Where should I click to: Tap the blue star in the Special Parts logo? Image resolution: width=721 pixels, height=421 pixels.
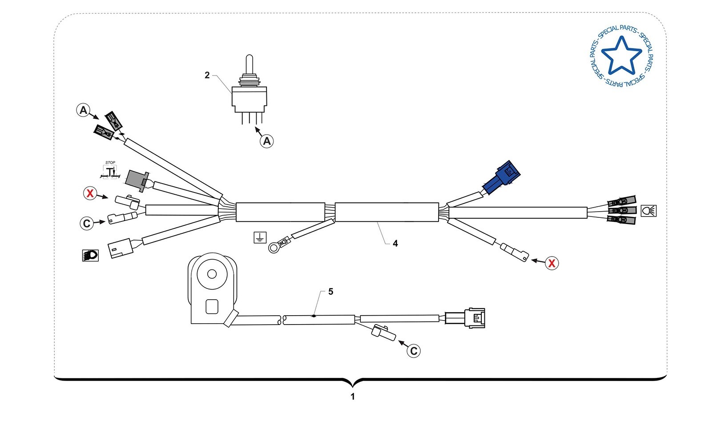(621, 56)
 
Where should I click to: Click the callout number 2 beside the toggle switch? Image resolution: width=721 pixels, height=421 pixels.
(207, 75)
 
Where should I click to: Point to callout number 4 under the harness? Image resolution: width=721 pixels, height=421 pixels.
(395, 243)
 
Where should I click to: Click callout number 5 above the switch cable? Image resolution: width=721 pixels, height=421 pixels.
(330, 292)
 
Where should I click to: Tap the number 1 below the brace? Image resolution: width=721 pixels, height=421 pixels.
(353, 397)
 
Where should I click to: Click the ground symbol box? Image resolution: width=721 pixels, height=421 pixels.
(259, 237)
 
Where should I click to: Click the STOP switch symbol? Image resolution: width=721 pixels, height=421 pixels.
(110, 171)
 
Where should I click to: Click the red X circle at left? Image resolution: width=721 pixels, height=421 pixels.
(90, 193)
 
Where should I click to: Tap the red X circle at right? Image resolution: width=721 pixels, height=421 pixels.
(552, 263)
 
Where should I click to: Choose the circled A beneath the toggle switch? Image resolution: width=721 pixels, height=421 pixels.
(266, 141)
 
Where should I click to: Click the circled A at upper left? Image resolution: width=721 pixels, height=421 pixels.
(83, 110)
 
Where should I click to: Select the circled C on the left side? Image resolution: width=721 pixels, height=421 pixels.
(87, 224)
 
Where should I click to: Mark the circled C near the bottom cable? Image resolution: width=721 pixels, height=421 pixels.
(414, 351)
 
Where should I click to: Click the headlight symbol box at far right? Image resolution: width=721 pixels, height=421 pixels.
(648, 211)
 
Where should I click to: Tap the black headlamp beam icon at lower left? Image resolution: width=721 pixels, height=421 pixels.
(90, 255)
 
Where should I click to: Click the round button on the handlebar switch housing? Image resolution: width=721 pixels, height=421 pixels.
(212, 274)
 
